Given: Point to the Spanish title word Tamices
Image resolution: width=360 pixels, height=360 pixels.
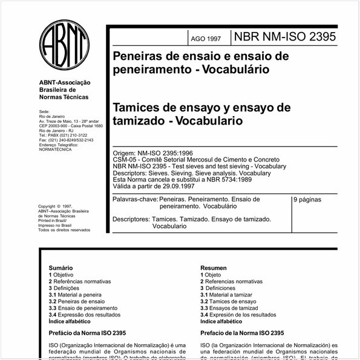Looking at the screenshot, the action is coord(137,107).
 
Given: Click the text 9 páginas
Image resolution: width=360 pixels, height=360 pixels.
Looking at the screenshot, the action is coord(309,199).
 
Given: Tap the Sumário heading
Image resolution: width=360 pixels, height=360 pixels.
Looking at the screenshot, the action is coord(61,267).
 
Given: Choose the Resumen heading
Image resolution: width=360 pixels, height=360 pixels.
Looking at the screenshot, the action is coord(214,267).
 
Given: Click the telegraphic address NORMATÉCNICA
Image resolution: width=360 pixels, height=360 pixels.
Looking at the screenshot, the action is coord(55,149).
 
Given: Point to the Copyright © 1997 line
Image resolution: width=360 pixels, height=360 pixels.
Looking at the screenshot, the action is coord(55,206).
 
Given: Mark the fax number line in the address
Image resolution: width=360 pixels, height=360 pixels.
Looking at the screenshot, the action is coord(65,140).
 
